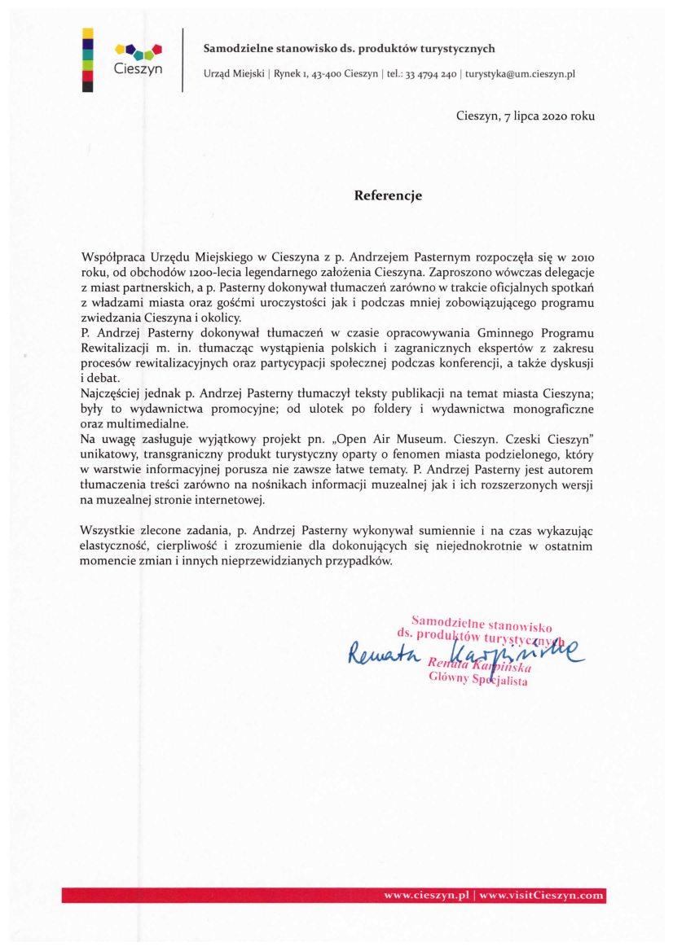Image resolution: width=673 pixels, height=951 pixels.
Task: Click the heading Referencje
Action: (x=388, y=195)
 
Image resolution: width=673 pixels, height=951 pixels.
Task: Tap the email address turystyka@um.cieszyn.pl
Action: (x=521, y=74)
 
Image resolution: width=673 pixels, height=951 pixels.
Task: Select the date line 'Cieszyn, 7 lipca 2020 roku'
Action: (x=525, y=116)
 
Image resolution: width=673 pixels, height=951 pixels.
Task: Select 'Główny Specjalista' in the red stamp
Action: (x=478, y=681)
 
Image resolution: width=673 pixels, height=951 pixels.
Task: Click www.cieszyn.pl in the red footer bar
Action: (x=429, y=896)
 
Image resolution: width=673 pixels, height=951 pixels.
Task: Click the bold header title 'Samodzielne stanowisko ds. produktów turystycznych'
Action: (x=349, y=49)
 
